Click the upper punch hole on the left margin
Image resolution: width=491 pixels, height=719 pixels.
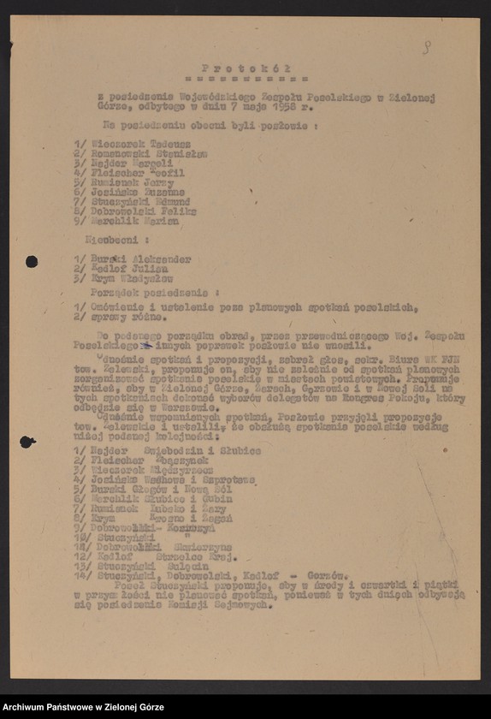(32, 261)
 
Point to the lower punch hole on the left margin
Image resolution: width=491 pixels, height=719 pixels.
(27, 442)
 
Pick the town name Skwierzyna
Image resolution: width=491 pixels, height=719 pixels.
(189, 547)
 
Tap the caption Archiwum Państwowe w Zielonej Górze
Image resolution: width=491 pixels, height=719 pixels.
(83, 707)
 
